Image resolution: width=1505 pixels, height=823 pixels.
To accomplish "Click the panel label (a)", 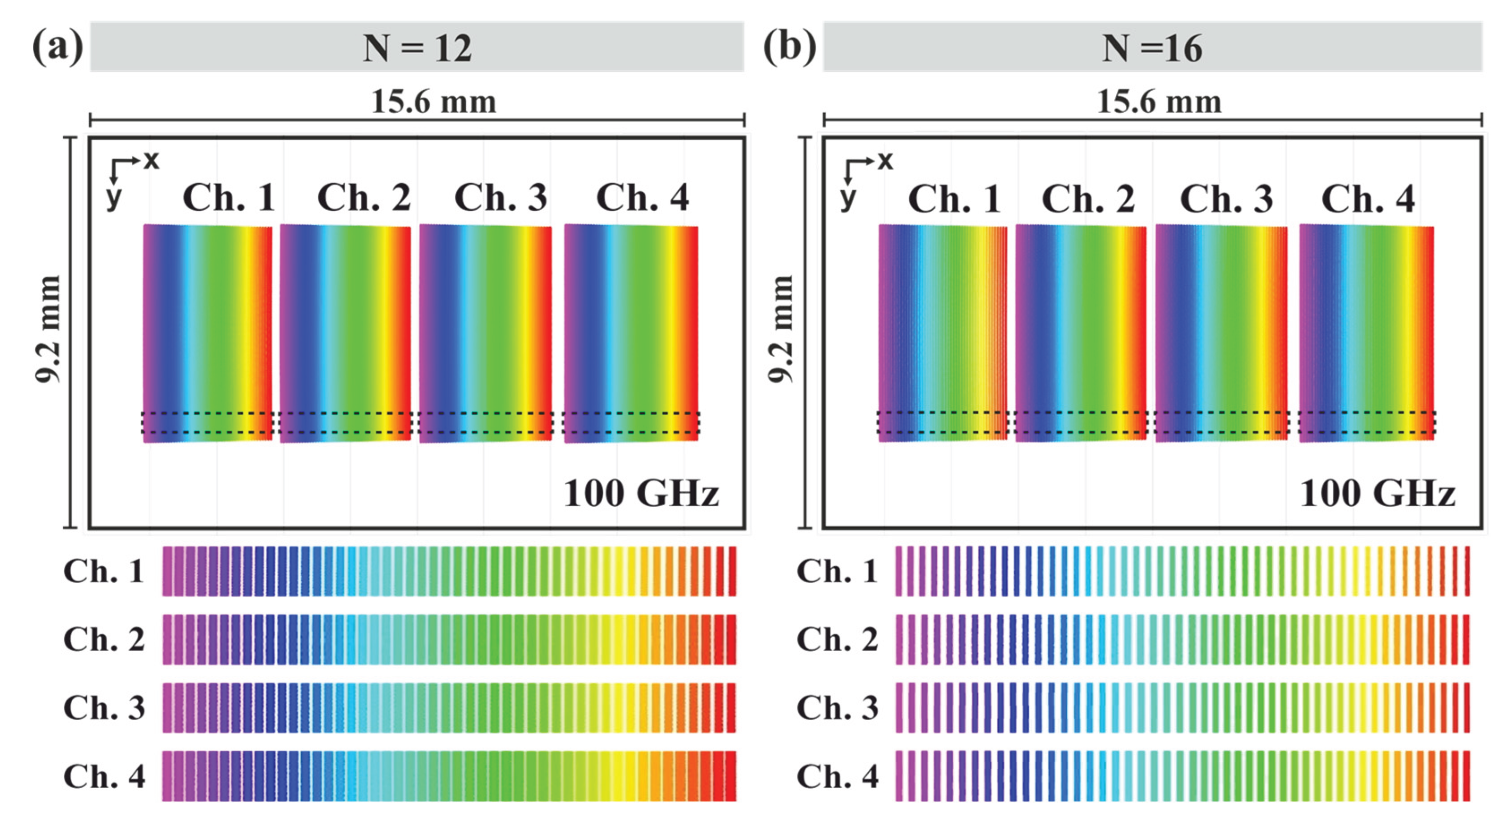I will tap(57, 47).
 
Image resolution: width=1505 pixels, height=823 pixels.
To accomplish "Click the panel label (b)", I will tap(789, 47).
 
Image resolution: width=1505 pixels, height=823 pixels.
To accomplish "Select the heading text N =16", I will tap(1151, 48).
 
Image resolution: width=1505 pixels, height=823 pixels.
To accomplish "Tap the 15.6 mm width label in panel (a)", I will tap(433, 102).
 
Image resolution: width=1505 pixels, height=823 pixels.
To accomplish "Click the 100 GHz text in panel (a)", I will tap(640, 494).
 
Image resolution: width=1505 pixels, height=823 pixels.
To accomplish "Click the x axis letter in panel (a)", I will tap(151, 159).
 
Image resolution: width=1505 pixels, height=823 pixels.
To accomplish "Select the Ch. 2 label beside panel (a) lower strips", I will tap(103, 639).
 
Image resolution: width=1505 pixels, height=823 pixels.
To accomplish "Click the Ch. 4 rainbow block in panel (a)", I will tap(631, 333).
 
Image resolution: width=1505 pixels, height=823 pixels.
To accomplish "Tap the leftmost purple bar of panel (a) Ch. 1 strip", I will tap(167, 571).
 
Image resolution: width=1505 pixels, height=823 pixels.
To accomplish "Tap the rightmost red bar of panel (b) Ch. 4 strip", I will tap(1466, 776).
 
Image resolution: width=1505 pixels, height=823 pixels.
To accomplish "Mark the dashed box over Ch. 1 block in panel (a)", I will tap(207, 422).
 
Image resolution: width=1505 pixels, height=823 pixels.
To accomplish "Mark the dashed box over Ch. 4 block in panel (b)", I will tap(1367, 422).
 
